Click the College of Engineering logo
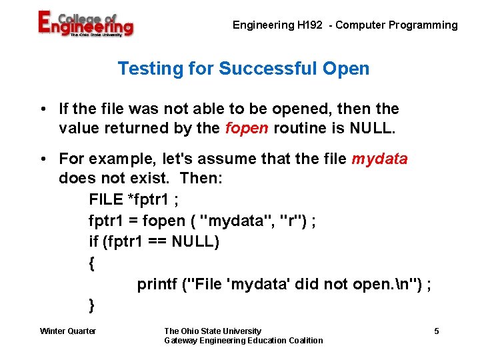click(85, 25)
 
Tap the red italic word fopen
click(247, 127)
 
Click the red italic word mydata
click(379, 159)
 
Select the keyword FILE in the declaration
click(105, 199)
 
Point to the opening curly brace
click(92, 263)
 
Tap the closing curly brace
click(92, 306)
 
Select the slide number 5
click(437, 331)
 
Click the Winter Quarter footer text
click(68, 331)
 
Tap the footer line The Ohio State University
click(213, 331)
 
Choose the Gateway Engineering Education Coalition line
click(243, 341)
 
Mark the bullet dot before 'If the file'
click(43, 109)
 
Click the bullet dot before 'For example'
click(43, 159)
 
